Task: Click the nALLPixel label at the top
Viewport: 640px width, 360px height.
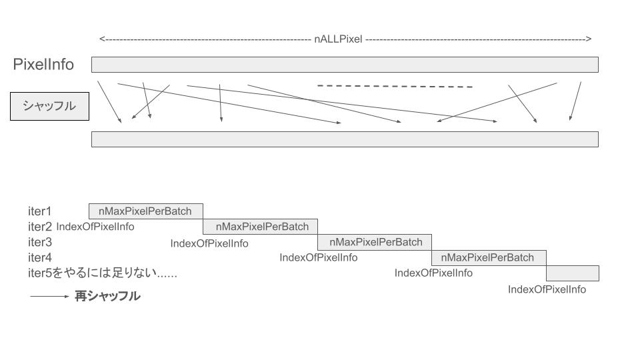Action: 338,39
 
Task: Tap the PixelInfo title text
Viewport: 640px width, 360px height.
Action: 43,65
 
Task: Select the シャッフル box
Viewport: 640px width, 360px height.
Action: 49,106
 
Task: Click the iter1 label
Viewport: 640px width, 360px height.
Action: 39,211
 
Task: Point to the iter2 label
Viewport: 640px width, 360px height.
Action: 40,227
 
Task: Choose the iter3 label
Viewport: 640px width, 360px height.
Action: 40,243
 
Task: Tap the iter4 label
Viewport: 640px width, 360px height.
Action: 40,258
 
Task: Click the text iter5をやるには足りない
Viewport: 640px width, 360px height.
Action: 103,273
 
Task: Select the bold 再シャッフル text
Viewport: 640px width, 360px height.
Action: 107,296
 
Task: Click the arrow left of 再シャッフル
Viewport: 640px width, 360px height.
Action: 49,296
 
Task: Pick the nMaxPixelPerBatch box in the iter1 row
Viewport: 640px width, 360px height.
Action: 146,211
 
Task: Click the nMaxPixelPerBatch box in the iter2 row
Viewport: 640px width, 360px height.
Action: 261,227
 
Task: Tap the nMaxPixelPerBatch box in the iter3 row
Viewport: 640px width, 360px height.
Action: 375,243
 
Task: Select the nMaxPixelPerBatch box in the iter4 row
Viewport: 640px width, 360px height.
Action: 489,258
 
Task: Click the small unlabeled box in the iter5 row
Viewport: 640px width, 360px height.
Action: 573,273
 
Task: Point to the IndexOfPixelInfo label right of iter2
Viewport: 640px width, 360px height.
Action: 95,227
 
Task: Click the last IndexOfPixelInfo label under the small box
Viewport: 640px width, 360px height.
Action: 547,289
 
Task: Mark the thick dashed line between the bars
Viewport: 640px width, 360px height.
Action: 395,86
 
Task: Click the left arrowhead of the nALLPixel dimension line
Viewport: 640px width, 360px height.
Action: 102,39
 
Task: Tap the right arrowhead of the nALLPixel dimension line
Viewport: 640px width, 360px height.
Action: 589,39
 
